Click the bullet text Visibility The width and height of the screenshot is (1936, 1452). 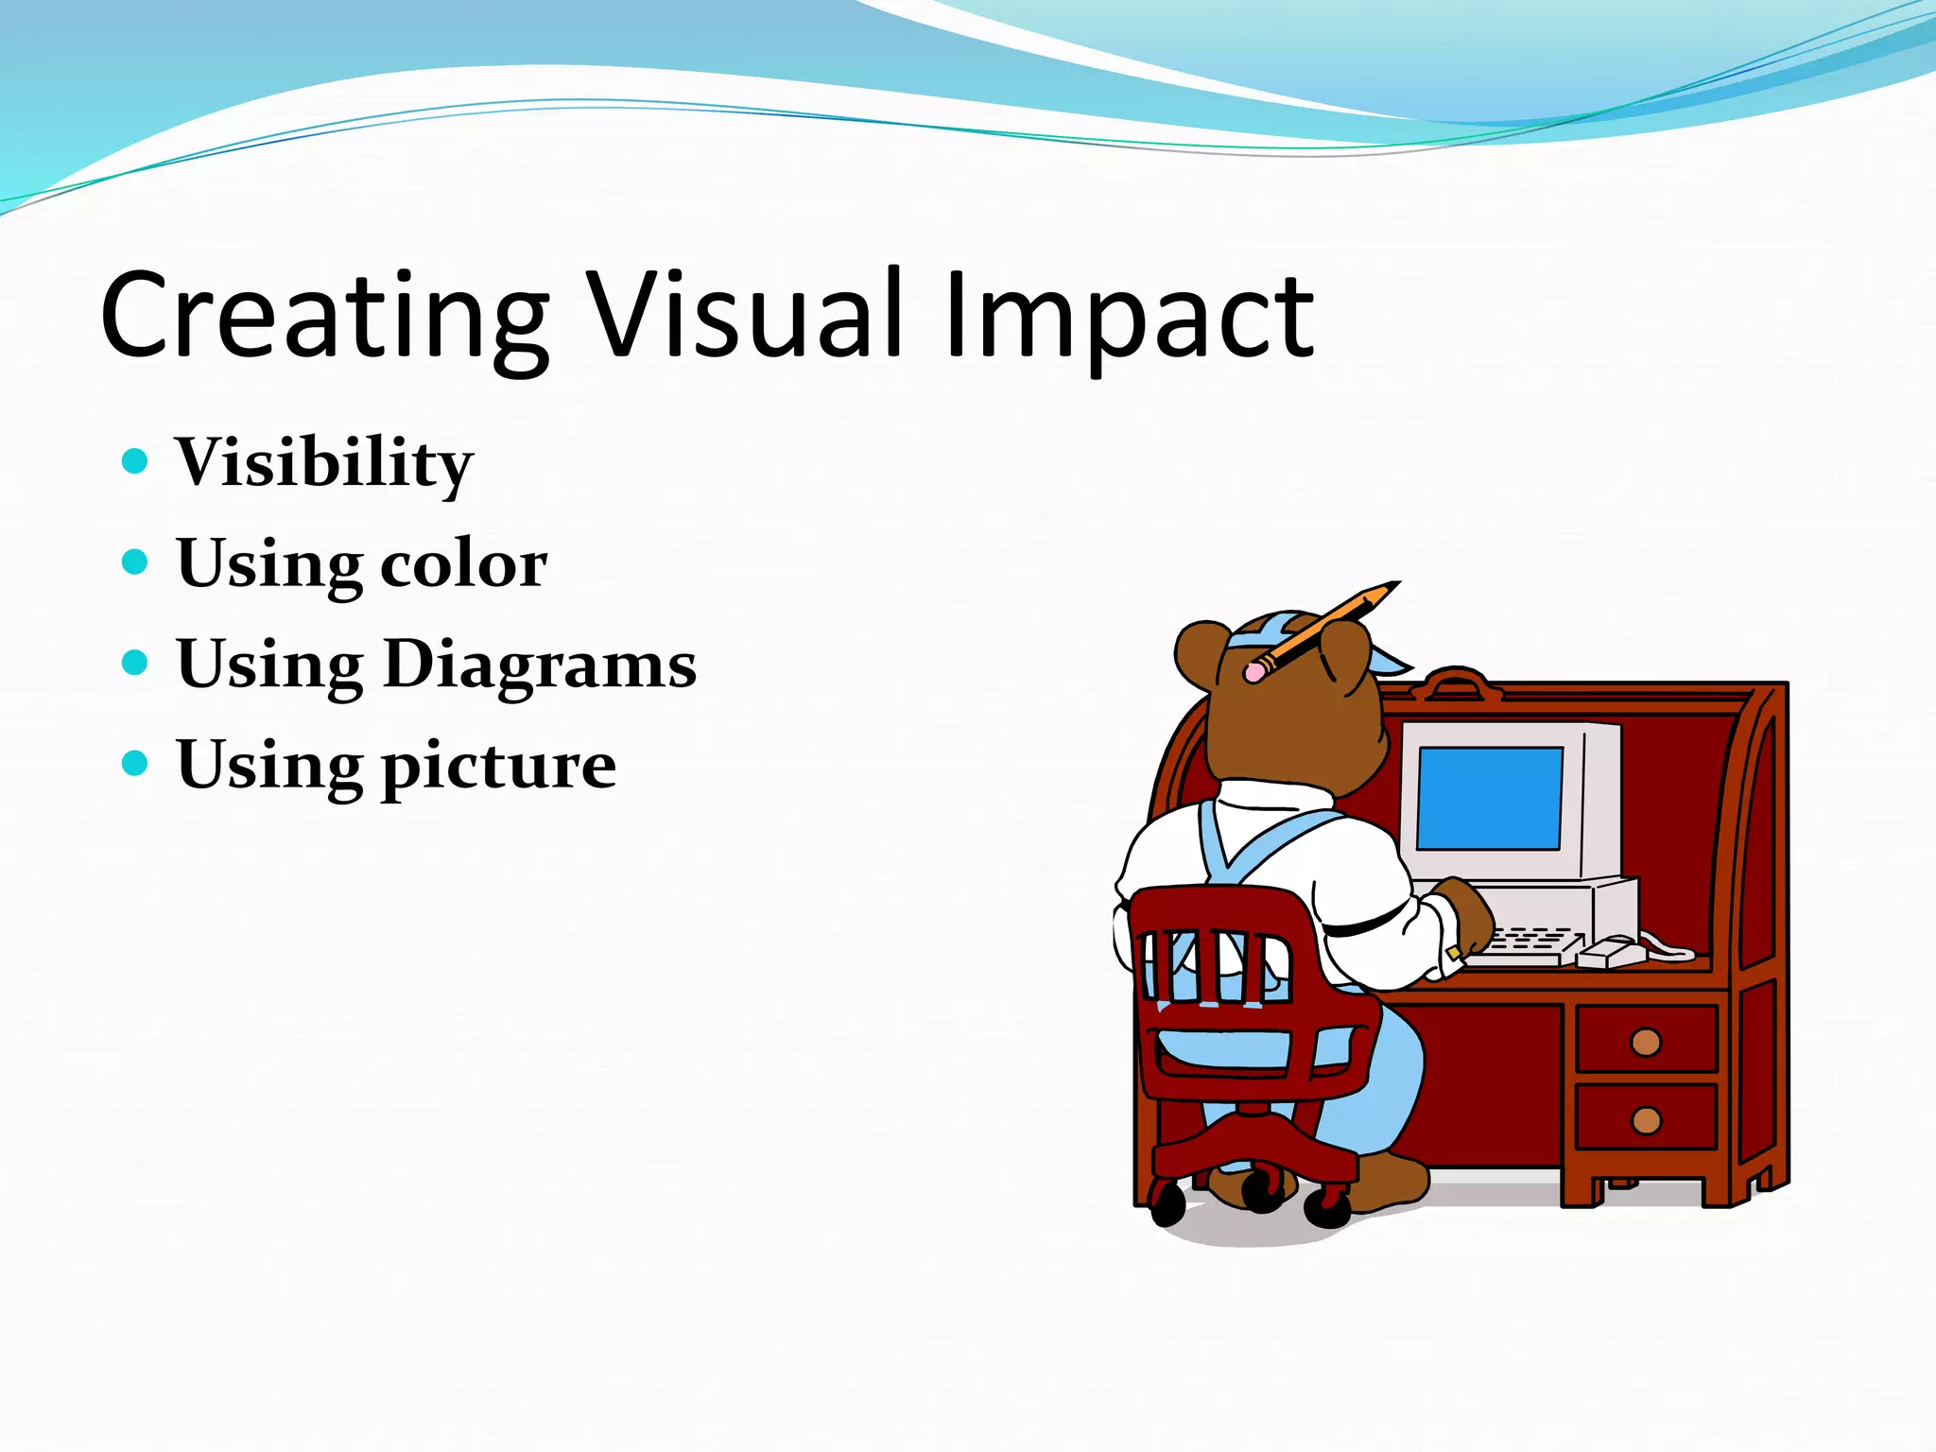point(323,463)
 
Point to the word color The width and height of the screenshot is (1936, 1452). point(463,564)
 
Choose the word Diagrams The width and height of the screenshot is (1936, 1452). point(540,665)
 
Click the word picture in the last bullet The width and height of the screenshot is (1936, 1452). point(498,767)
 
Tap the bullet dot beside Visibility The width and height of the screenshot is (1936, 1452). point(136,461)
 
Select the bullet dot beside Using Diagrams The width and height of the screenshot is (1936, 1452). point(136,663)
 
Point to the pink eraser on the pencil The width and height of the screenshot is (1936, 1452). point(1254,672)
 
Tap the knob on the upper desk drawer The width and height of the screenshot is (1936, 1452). point(1646,1042)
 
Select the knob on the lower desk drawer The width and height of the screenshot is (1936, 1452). point(1646,1120)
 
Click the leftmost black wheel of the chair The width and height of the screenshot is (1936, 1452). point(1167,1206)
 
